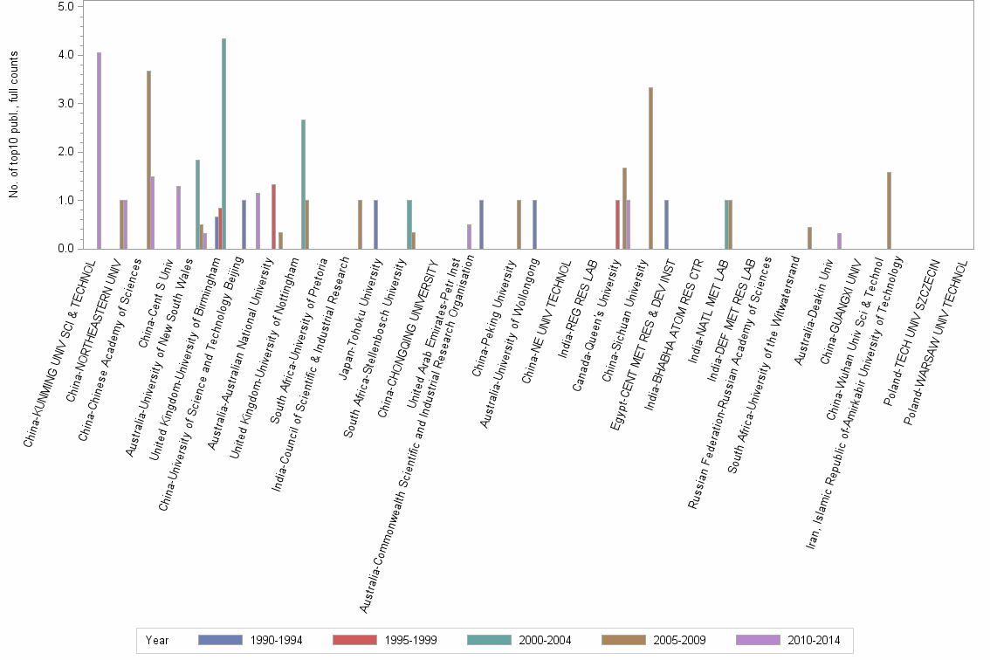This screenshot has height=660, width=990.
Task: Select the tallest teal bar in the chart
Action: coord(224,144)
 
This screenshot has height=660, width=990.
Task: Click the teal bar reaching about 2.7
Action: coord(303,184)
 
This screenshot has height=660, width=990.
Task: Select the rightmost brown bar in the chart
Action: coord(889,210)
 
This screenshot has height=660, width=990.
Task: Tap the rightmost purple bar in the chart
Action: coord(839,241)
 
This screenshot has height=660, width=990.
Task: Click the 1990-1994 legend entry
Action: coord(251,640)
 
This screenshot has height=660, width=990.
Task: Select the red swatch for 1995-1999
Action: coord(355,640)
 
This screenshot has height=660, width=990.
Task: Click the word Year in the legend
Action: coord(157,640)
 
